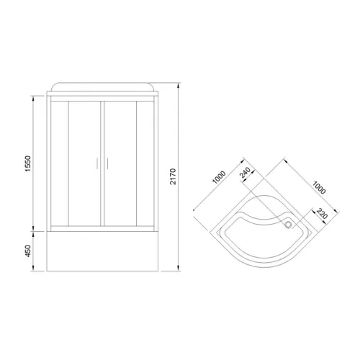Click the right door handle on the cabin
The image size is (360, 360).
click(x=108, y=164)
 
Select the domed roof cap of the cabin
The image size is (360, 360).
click(x=102, y=87)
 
